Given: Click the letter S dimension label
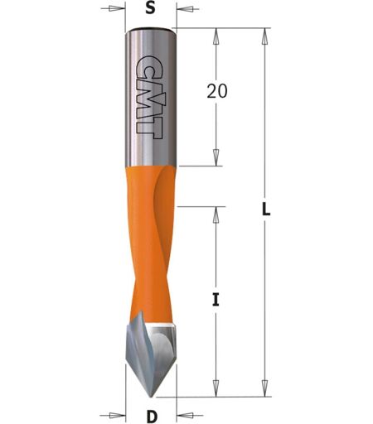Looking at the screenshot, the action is pyautogui.click(x=150, y=9).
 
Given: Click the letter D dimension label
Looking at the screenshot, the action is pyautogui.click(x=151, y=417).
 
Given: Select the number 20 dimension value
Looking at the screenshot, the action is pyautogui.click(x=217, y=91).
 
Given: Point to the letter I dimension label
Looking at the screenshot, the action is pyautogui.click(x=216, y=300).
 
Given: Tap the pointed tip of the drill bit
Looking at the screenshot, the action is pyautogui.click(x=152, y=397).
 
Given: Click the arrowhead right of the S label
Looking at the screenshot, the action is pyautogui.click(x=186, y=9).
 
